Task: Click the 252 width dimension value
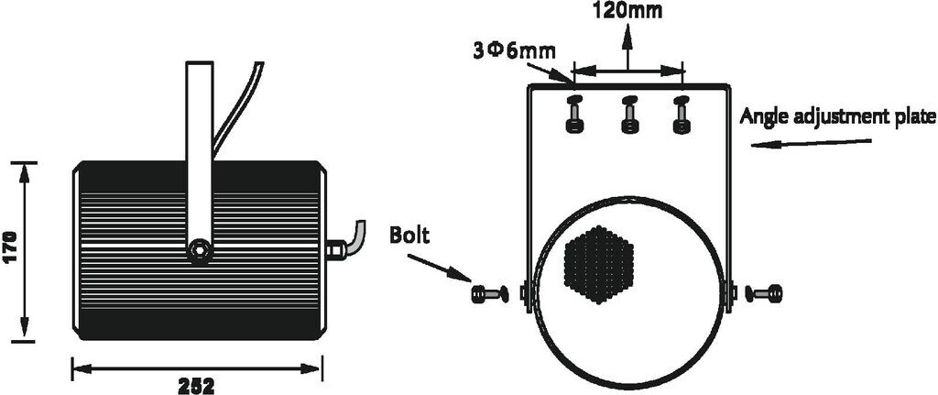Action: [x=197, y=385]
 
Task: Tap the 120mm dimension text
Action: [x=628, y=12]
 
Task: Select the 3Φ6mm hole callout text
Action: [x=513, y=49]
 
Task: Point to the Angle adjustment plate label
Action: [x=837, y=117]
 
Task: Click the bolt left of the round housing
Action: [x=489, y=294]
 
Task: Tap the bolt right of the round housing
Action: [x=763, y=294]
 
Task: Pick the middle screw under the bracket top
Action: [x=629, y=114]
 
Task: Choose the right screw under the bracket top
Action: [x=681, y=114]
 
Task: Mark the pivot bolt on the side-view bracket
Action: [x=199, y=249]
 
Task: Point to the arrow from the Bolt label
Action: [x=438, y=269]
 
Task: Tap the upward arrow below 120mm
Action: [x=628, y=46]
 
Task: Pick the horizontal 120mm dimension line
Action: [x=628, y=69]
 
